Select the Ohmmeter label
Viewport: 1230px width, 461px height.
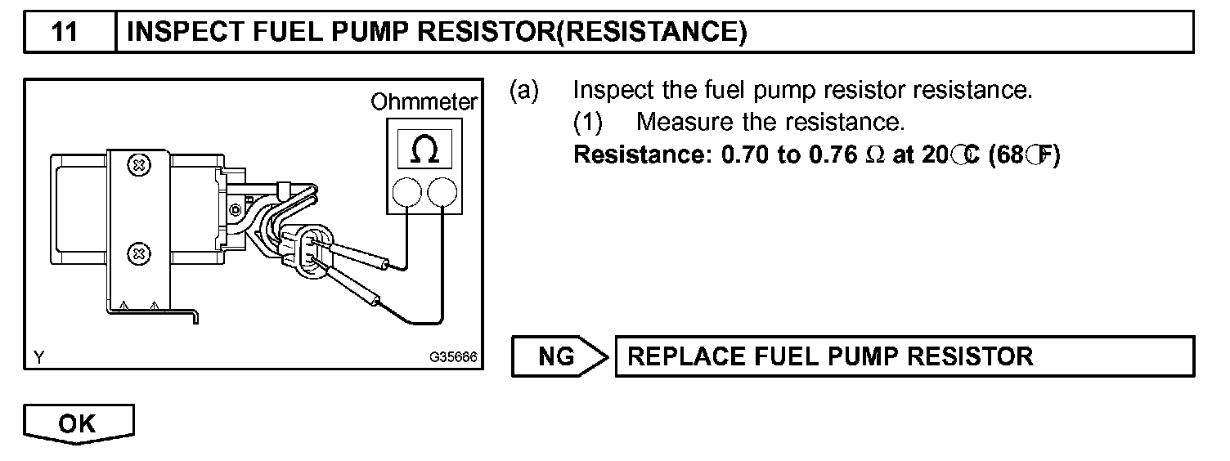423,103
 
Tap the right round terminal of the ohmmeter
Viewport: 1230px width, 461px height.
442,192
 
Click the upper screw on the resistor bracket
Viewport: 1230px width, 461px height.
139,166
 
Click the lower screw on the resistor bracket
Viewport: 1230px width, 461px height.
139,253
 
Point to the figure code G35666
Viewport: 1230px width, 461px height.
453,358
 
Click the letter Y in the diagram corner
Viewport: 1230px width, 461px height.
38,357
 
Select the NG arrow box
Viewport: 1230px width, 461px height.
560,357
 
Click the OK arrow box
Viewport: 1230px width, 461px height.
79,424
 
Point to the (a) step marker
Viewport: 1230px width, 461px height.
524,90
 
